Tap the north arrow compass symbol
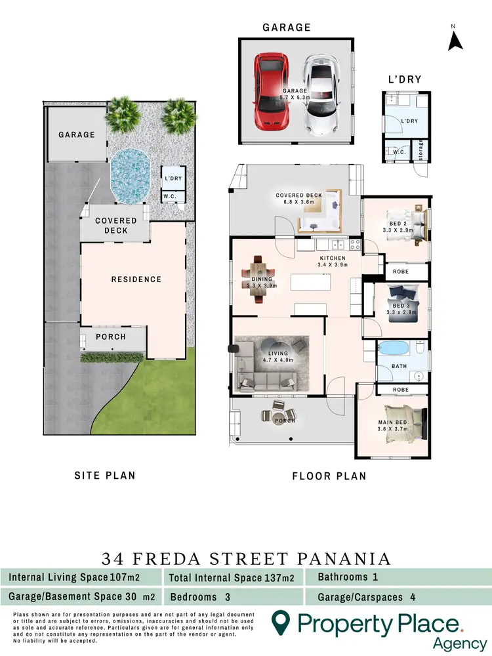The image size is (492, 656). pyautogui.click(x=455, y=39)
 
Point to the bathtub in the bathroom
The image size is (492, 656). pyautogui.click(x=396, y=347)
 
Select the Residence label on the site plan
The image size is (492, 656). pyautogui.click(x=136, y=279)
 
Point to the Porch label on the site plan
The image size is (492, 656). pyautogui.click(x=111, y=337)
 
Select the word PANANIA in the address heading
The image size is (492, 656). pyautogui.click(x=341, y=559)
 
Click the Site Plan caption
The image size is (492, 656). pyautogui.click(x=105, y=475)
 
